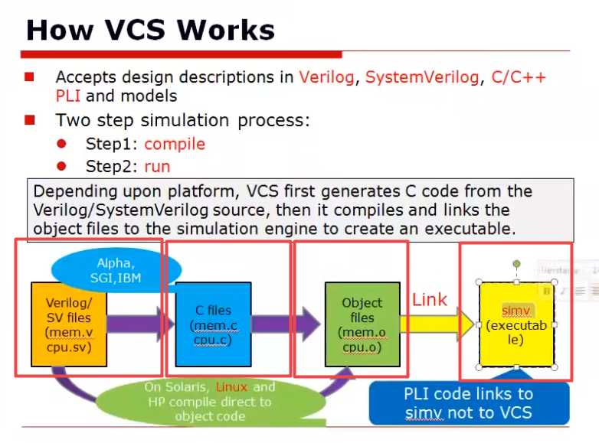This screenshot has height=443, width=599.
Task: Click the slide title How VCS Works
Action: (150, 30)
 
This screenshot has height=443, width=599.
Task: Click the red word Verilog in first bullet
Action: (329, 77)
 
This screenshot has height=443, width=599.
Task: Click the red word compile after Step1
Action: (175, 144)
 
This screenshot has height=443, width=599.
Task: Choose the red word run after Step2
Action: (157, 166)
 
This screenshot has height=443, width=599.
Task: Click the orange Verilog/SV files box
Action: (67, 325)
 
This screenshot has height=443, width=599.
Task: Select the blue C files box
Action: (213, 324)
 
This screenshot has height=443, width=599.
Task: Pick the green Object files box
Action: (362, 324)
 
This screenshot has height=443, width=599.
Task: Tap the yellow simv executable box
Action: (516, 324)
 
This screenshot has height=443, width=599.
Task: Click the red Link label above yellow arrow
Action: (430, 300)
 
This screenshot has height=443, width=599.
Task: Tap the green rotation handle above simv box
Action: (516, 264)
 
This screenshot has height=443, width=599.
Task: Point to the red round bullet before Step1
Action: (61, 144)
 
